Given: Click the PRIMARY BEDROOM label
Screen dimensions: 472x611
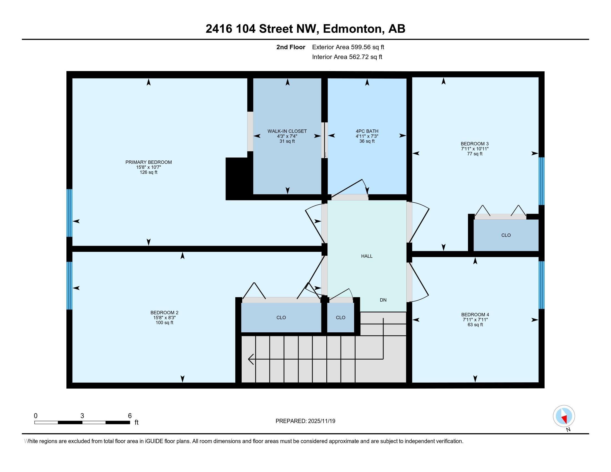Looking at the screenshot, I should pyautogui.click(x=148, y=162).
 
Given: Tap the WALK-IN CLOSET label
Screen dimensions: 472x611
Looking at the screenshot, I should pyautogui.click(x=287, y=131).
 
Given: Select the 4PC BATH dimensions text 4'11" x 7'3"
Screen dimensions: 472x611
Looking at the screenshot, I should pyautogui.click(x=367, y=136).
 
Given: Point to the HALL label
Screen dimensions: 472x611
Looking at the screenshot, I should pyautogui.click(x=367, y=256).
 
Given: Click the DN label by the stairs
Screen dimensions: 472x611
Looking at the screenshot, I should pyautogui.click(x=383, y=300).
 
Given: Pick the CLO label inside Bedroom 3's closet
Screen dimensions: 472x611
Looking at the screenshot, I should pyautogui.click(x=506, y=235).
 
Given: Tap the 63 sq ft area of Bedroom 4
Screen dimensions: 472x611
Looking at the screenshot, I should pyautogui.click(x=475, y=325).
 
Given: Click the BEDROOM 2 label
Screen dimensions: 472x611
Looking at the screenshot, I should pyautogui.click(x=164, y=313).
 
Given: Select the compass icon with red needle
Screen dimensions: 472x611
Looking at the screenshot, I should pyautogui.click(x=564, y=416).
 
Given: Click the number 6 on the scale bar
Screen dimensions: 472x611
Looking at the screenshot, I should pyautogui.click(x=129, y=416).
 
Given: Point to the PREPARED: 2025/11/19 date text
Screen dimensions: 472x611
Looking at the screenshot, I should pyautogui.click(x=305, y=421).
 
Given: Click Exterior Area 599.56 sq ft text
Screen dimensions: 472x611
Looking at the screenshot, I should pyautogui.click(x=348, y=47).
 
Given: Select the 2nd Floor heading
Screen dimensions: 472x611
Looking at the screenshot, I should pyautogui.click(x=291, y=47).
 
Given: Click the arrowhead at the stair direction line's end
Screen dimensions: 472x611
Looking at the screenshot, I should pyautogui.click(x=251, y=359).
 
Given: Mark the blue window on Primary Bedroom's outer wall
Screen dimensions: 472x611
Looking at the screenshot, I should pyautogui.click(x=69, y=213).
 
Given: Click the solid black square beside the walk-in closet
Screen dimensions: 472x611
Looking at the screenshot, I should pyautogui.click(x=236, y=179).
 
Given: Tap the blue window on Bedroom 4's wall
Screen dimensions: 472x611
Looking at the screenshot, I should pyautogui.click(x=542, y=285).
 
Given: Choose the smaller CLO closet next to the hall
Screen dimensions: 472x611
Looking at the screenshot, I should pyautogui.click(x=340, y=318).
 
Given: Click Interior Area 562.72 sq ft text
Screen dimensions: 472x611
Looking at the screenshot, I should pyautogui.click(x=347, y=57).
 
